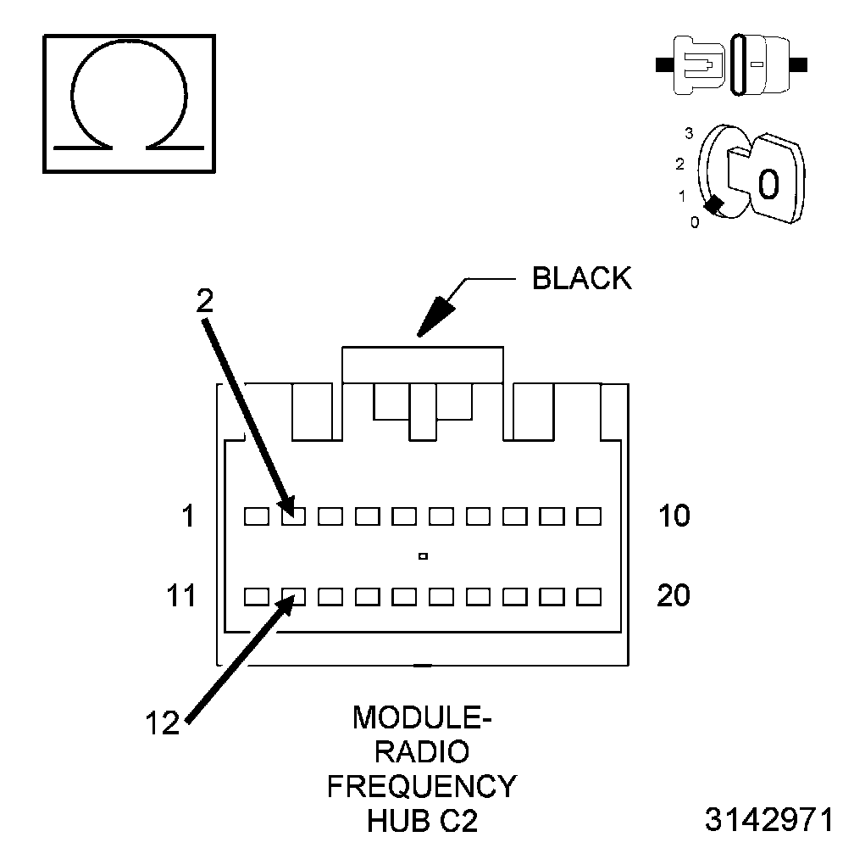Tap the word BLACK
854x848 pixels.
coord(581,279)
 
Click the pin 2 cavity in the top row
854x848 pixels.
coord(292,516)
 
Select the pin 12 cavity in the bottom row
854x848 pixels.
coord(292,597)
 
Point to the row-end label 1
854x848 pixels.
coord(188,516)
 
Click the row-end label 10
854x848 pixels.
coord(674,516)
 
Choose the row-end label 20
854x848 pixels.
coord(674,596)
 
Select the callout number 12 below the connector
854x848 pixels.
coord(161,722)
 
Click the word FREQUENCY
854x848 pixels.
coord(421,786)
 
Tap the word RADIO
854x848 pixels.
coord(421,752)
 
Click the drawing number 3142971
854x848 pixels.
coord(770,821)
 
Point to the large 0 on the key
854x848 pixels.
coord(768,183)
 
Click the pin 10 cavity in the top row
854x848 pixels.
coord(588,516)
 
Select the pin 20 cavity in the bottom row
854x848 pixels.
coord(588,597)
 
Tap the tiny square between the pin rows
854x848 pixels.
coord(422,556)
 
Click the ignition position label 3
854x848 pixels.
coord(689,133)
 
